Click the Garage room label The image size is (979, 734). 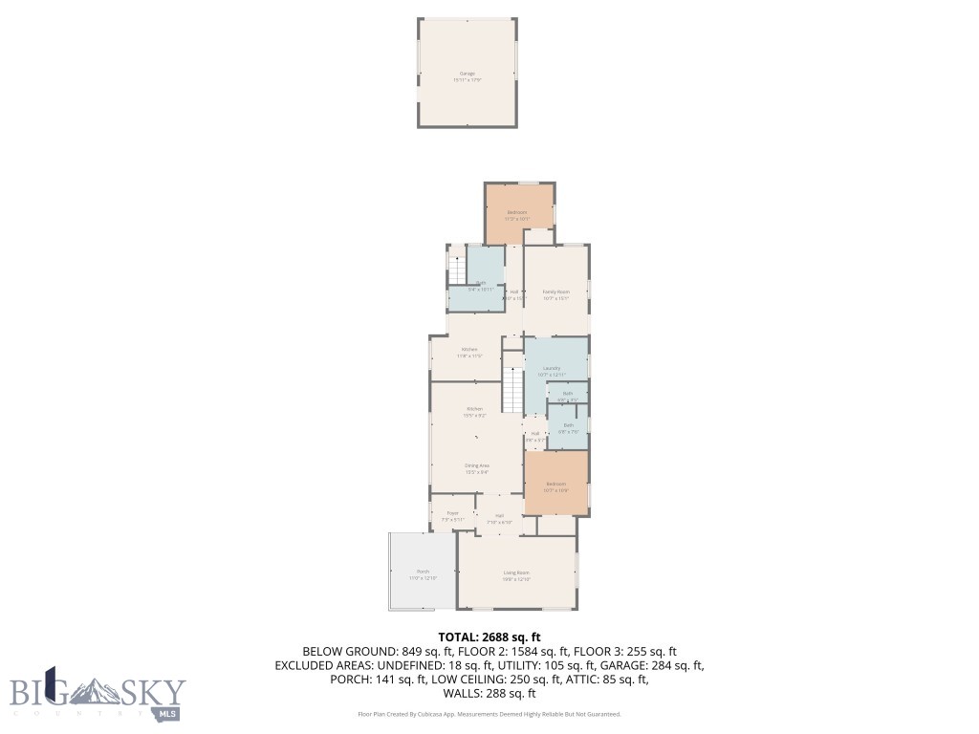(x=467, y=73)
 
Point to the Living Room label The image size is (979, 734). (x=516, y=573)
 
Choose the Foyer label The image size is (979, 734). (x=453, y=514)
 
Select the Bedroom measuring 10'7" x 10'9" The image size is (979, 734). (x=555, y=485)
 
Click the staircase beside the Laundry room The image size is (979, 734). (x=513, y=390)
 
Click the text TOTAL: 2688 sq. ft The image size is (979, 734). (x=489, y=637)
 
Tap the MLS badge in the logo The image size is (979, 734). (x=168, y=713)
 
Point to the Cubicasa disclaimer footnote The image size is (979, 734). (x=489, y=714)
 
